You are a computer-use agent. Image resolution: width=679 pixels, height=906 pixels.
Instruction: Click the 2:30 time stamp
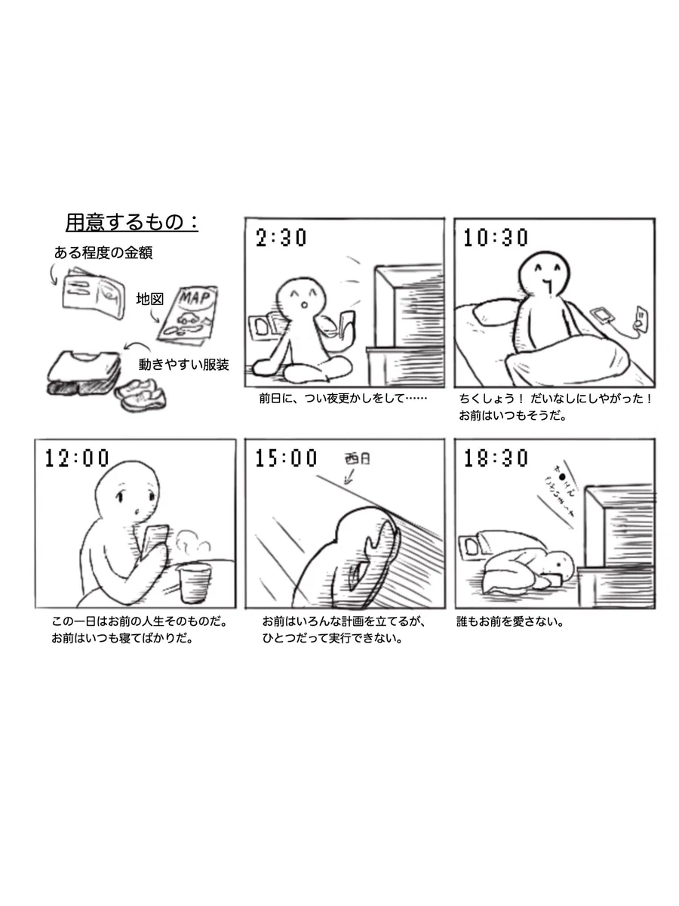pyautogui.click(x=281, y=239)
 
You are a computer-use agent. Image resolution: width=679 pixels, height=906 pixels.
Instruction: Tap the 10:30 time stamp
pyautogui.click(x=496, y=239)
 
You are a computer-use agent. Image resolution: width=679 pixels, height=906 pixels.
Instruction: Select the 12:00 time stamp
pyautogui.click(x=77, y=458)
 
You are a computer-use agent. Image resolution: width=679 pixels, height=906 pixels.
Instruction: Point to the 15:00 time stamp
pyautogui.click(x=287, y=458)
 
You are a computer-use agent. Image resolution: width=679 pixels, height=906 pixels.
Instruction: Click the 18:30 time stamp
pyautogui.click(x=496, y=458)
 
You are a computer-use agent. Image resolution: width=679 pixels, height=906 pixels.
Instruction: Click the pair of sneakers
pyautogui.click(x=142, y=392)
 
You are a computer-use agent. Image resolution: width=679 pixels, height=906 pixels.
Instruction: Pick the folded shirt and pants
pyautogui.click(x=79, y=373)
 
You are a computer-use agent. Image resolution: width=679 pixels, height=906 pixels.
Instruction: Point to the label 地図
pyautogui.click(x=149, y=299)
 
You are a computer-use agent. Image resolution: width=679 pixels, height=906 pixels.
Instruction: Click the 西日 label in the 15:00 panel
pyautogui.click(x=358, y=458)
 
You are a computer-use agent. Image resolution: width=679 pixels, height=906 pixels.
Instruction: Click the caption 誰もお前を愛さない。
pyautogui.click(x=511, y=623)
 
